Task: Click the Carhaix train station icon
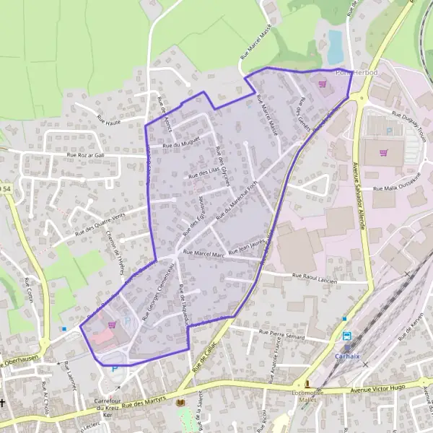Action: click(346, 336)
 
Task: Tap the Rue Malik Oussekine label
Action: click(401, 188)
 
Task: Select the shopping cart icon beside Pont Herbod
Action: click(322, 83)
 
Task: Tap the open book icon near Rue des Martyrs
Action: click(180, 402)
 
